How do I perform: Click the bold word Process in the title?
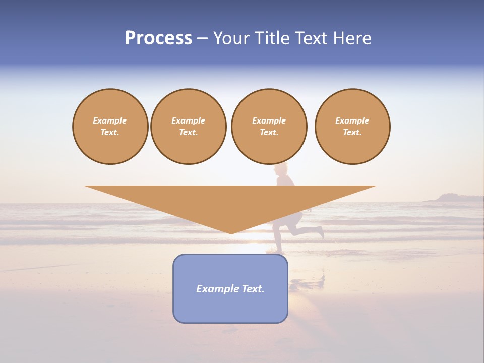pos(158,38)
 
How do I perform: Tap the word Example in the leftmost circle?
pos(110,120)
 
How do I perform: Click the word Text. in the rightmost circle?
pos(352,132)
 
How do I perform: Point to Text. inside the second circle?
pos(189,132)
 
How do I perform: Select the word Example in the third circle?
pos(269,120)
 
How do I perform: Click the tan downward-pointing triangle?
pos(230,202)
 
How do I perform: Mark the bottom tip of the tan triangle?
pos(231,233)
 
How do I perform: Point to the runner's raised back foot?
pos(320,232)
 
